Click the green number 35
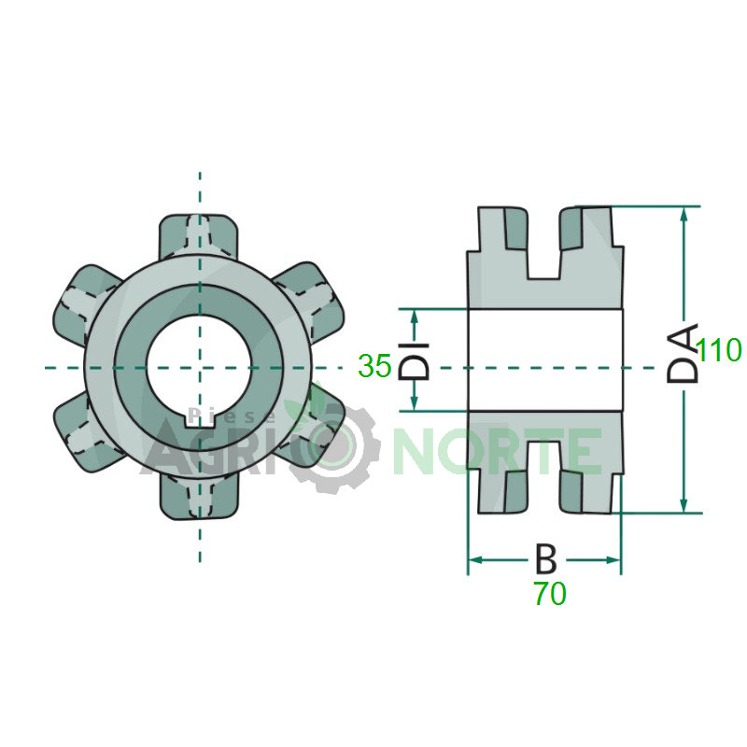click(374, 366)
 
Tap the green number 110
click(718, 350)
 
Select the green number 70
click(550, 594)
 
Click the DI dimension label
click(414, 360)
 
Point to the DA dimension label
click(683, 353)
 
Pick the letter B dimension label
click(546, 558)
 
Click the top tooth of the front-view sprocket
click(198, 236)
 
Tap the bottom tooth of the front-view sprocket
click(198, 498)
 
